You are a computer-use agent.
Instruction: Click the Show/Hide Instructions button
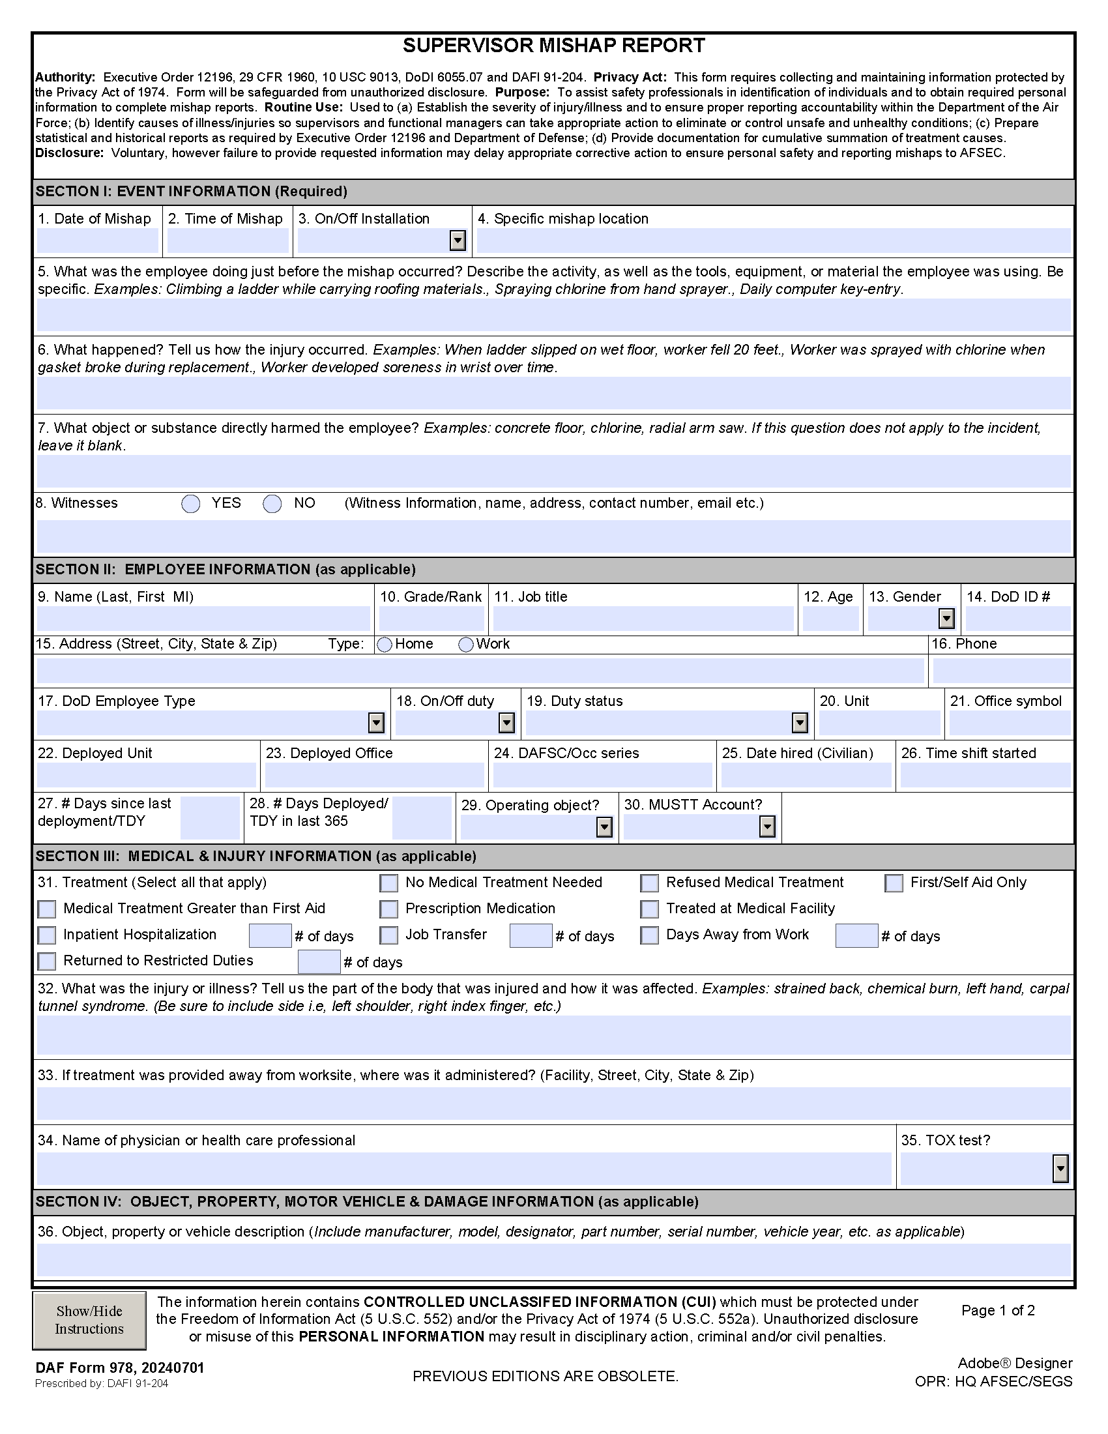[89, 1320]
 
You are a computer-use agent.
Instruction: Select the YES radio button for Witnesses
[191, 504]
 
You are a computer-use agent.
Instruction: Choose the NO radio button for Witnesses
[272, 504]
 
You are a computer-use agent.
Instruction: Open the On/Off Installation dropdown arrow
[458, 241]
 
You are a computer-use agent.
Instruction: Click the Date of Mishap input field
[97, 241]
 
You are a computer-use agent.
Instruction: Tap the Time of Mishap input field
[227, 241]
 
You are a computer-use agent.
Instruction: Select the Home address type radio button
[385, 645]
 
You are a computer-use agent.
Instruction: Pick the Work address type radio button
[466, 645]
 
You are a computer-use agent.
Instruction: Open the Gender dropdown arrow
[946, 619]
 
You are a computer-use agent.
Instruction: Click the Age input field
[830, 619]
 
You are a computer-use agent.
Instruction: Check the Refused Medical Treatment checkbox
[650, 883]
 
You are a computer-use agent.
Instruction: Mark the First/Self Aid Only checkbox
[894, 883]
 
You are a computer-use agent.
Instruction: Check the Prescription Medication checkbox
[389, 909]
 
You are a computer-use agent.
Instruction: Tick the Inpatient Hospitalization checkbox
[47, 935]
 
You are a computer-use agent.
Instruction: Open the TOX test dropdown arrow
[1060, 1169]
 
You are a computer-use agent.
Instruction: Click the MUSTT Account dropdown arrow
[767, 827]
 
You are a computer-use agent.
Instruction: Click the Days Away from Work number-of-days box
[856, 935]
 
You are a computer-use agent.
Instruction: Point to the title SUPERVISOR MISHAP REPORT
[553, 46]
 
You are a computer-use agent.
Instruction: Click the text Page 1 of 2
[998, 1311]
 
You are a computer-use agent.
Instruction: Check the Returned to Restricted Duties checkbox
[47, 961]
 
